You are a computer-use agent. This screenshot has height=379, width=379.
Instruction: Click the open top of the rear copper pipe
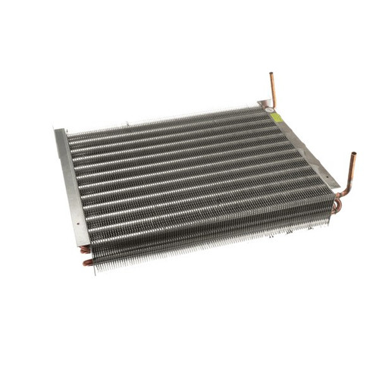[271, 74]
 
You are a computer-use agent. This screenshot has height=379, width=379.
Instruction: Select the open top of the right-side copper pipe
[353, 154]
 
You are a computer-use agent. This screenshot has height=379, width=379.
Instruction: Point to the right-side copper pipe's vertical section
[352, 169]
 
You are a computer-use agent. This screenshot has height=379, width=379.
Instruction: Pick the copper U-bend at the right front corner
[338, 203]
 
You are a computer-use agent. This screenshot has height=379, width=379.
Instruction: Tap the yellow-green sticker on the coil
[277, 117]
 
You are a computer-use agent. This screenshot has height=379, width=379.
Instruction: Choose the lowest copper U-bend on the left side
[88, 262]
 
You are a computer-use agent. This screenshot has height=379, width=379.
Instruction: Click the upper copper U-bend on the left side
[84, 249]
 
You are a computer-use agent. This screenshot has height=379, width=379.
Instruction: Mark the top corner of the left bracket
[58, 130]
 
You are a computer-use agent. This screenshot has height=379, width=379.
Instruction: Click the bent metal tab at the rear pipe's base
[265, 105]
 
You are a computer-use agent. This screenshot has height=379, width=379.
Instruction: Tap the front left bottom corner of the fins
[96, 267]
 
